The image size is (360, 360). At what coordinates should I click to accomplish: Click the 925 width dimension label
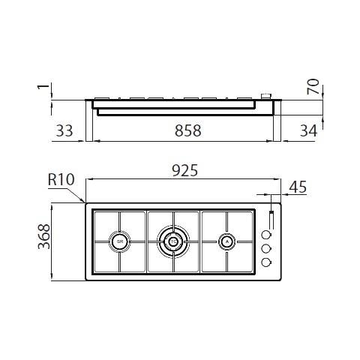(184, 172)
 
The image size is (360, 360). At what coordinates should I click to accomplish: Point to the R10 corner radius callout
(59, 181)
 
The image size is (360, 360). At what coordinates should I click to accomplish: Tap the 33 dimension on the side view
(64, 130)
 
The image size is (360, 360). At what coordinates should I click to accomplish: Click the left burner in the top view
(120, 241)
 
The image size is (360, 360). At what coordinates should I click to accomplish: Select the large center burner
(173, 241)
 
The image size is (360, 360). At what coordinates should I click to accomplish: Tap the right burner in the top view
(226, 241)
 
